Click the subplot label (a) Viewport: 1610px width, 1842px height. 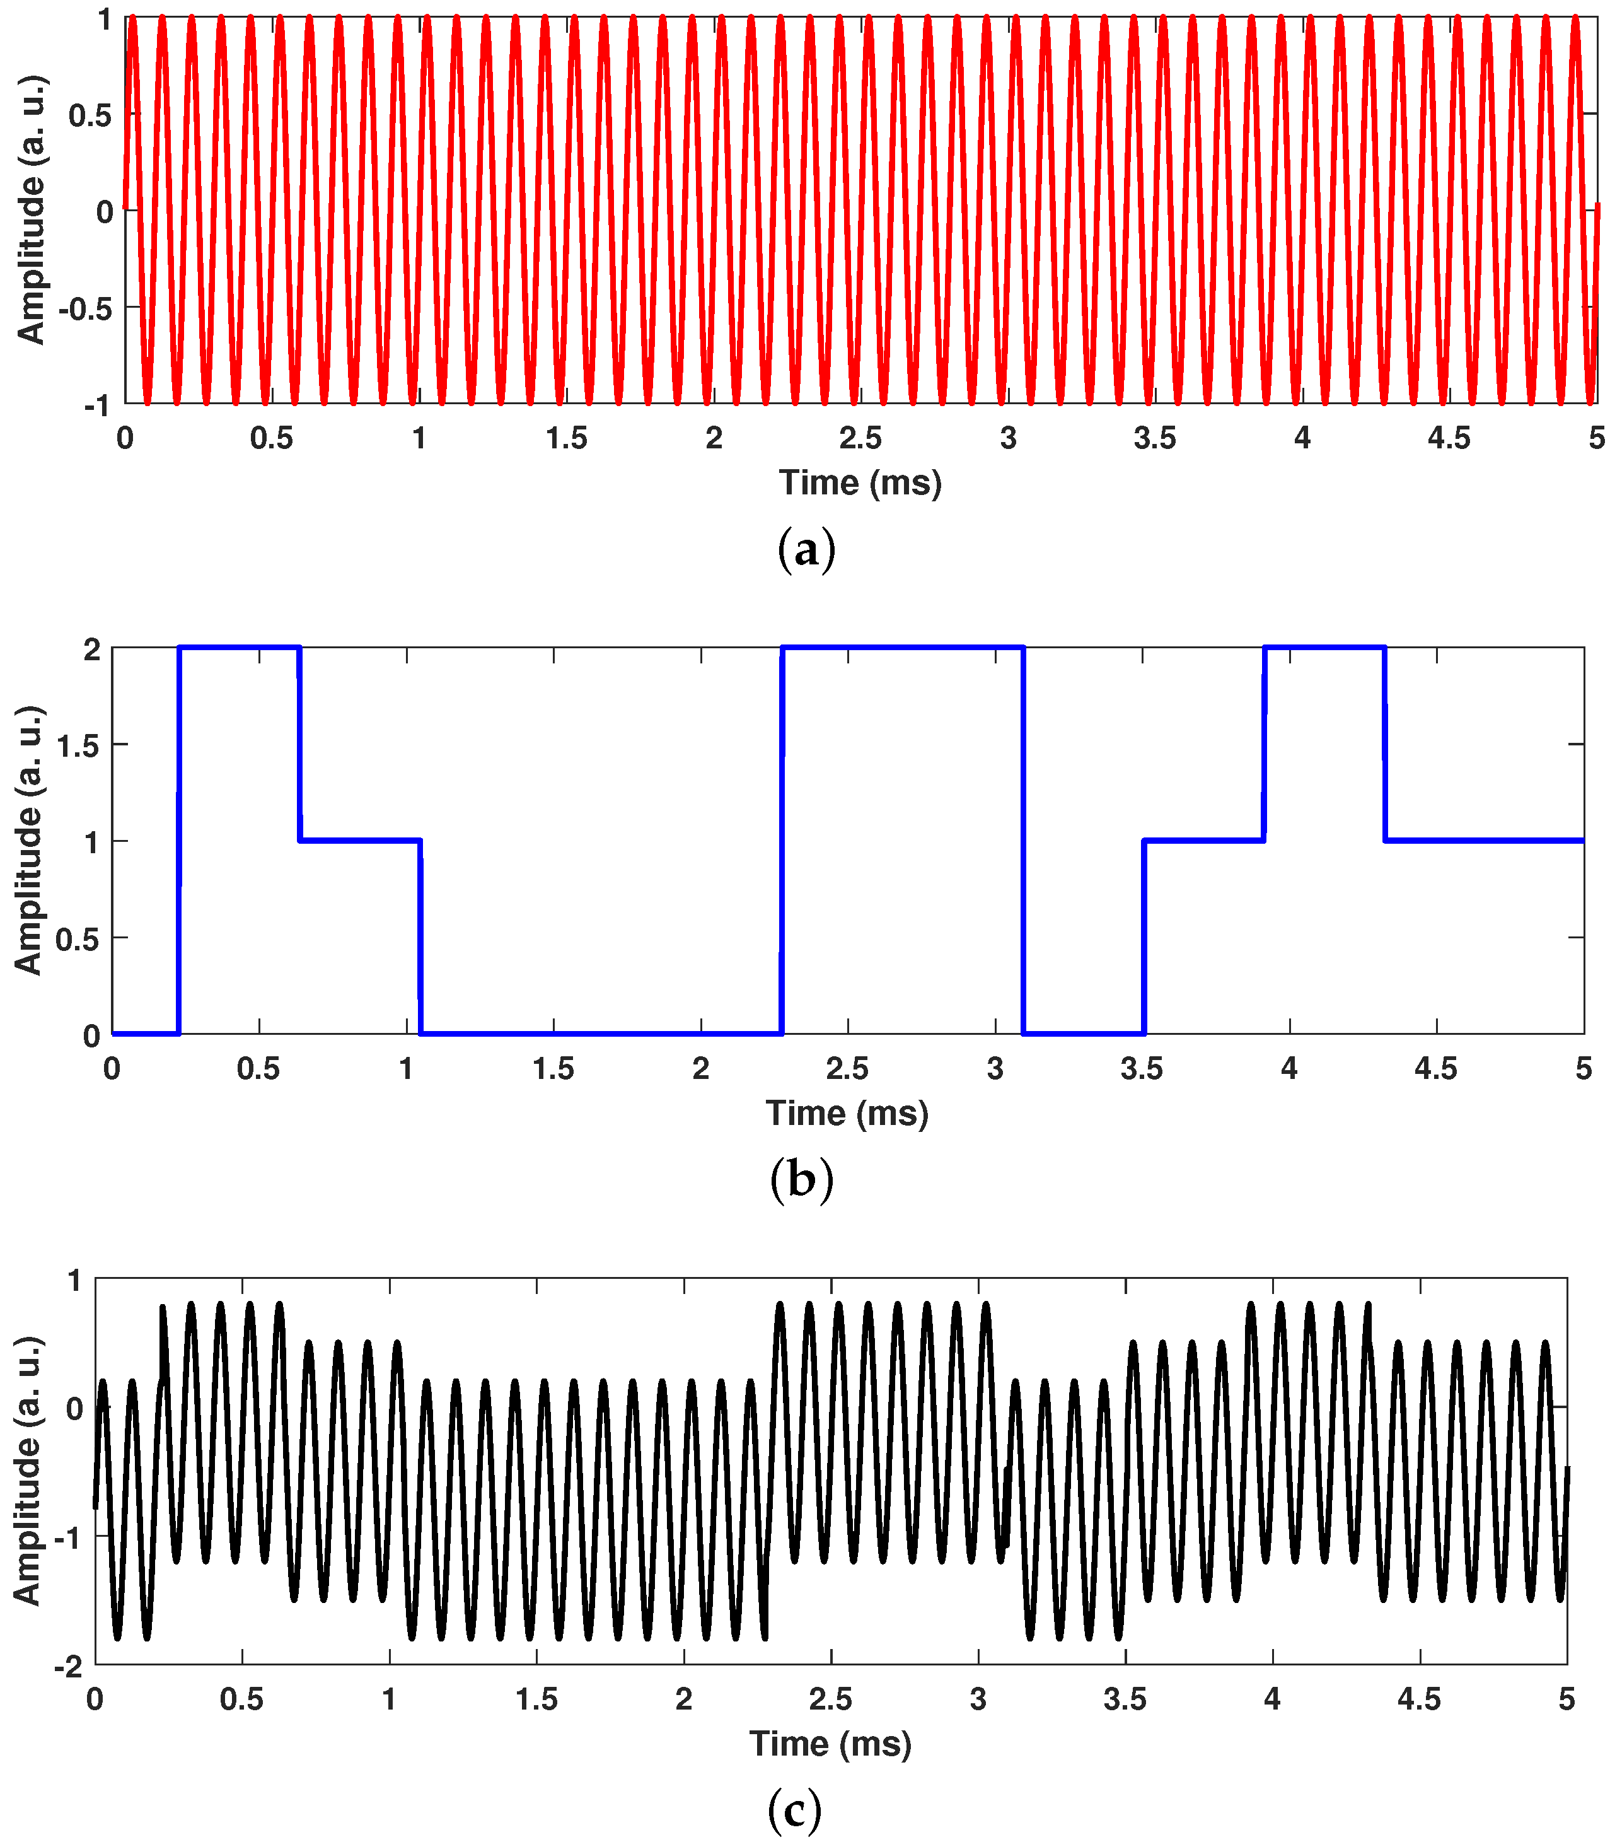click(x=806, y=550)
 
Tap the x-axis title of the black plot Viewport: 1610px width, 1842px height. click(x=830, y=1743)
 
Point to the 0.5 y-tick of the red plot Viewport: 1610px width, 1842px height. click(x=90, y=115)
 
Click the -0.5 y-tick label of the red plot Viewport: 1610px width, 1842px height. click(x=85, y=308)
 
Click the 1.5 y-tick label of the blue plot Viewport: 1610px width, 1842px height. click(x=78, y=745)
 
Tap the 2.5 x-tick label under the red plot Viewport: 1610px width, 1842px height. click(x=860, y=438)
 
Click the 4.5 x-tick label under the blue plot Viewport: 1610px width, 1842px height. click(x=1436, y=1070)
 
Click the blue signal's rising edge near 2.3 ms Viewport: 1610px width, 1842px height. click(x=782, y=840)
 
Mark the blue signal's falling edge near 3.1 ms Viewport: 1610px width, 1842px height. click(x=1023, y=840)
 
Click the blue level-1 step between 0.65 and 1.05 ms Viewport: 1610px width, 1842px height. click(x=359, y=840)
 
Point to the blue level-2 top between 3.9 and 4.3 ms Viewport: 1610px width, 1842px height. click(x=1324, y=647)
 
